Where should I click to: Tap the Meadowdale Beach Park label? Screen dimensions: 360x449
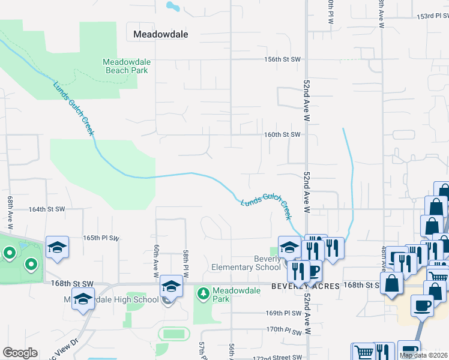point(126,66)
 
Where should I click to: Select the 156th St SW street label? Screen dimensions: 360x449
point(282,59)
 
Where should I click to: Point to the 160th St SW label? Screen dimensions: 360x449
point(282,135)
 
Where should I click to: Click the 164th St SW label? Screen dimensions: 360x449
point(47,209)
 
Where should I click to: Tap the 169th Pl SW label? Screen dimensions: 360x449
point(283,313)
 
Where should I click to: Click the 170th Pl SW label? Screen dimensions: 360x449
point(283,329)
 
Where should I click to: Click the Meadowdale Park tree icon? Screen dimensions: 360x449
point(203,293)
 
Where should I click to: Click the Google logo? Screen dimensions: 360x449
point(20,353)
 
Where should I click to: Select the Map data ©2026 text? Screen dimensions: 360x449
point(423,355)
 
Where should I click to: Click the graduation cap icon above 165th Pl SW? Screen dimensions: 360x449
point(58,247)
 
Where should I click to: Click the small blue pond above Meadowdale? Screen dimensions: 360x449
point(172,7)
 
